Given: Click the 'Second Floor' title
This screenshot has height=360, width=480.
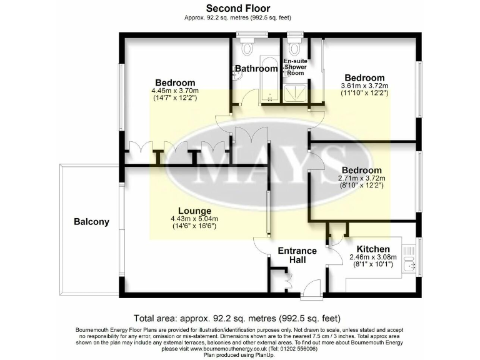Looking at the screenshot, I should (240, 8).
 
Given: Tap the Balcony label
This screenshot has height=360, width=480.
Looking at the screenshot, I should (91, 221).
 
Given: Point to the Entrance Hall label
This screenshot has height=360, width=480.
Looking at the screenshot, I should (297, 255).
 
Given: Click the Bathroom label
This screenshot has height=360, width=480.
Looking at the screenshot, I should (256, 69).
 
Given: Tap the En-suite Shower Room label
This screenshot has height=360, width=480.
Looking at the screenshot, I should (295, 67).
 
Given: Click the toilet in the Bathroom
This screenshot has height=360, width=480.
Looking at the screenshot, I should (248, 47).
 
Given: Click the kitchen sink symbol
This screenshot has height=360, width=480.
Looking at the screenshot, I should (409, 265).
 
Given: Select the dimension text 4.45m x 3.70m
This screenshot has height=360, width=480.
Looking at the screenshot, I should (174, 91).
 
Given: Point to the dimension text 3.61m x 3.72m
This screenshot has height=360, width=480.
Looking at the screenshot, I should (364, 86).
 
